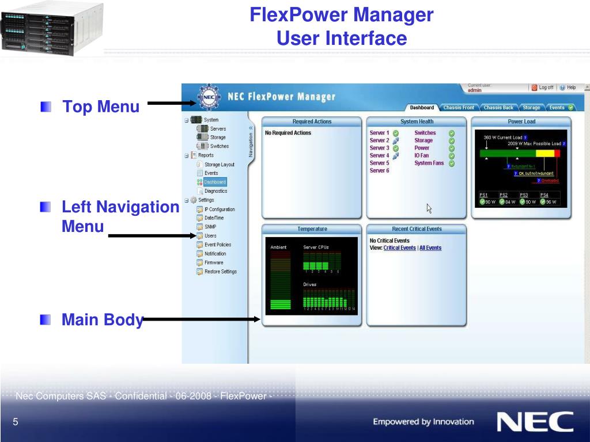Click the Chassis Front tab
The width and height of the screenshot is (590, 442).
tap(459, 108)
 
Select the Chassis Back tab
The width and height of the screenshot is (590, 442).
tap(498, 108)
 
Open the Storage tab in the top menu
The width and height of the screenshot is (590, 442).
tap(531, 108)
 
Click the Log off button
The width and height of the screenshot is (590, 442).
tap(543, 87)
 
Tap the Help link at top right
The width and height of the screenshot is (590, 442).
tap(568, 87)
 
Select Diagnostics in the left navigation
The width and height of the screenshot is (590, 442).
tap(215, 191)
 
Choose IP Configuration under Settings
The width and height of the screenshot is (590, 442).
tap(219, 209)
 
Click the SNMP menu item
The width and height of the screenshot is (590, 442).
tap(210, 227)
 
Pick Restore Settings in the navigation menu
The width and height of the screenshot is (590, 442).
tap(220, 272)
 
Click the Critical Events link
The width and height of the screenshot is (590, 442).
tap(399, 248)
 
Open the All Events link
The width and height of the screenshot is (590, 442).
tap(430, 248)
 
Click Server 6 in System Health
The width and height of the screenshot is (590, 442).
tap(379, 170)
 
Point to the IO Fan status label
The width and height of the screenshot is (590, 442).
tap(422, 155)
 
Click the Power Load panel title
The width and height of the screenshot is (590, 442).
tap(521, 121)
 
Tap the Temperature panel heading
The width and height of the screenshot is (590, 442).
tap(312, 229)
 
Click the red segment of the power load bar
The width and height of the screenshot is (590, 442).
tap(557, 153)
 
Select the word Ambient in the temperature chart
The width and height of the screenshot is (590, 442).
tap(278, 247)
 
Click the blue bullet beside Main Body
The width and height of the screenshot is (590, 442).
tap(46, 319)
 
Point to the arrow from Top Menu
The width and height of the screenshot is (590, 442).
tap(173, 104)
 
